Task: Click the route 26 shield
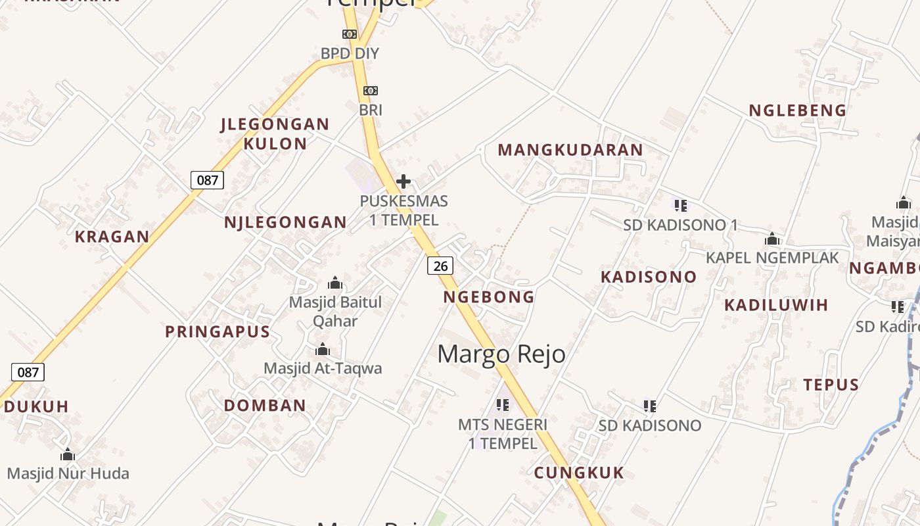(440, 266)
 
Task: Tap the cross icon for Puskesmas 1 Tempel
(403, 181)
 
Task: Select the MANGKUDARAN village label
(570, 150)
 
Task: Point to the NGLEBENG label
(798, 110)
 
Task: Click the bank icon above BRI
(371, 90)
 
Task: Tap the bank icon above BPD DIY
(350, 34)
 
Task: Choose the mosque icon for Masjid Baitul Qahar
(335, 283)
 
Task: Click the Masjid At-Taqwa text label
(323, 368)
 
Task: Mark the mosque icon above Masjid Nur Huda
(68, 454)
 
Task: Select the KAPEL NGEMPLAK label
(772, 258)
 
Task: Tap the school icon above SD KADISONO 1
(681, 205)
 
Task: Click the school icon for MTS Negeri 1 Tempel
(503, 404)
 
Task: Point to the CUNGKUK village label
(579, 473)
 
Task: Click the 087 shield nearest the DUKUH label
(28, 372)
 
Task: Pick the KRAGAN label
(112, 237)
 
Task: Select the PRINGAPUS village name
(218, 331)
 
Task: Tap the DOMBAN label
(265, 406)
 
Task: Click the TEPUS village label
(831, 385)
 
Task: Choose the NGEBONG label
(489, 297)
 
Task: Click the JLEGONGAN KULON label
(275, 133)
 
